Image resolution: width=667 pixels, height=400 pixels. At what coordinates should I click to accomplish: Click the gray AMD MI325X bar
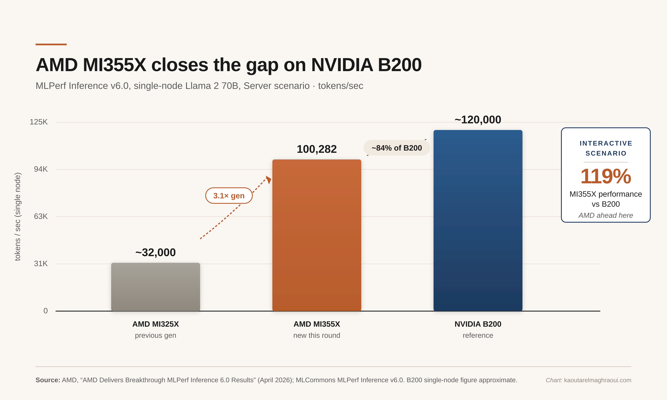(156, 287)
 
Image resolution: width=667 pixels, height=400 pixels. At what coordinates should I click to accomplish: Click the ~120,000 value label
(478, 120)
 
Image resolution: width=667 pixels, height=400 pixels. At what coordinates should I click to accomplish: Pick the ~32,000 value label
(156, 253)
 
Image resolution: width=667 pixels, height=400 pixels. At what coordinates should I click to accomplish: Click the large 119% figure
(605, 176)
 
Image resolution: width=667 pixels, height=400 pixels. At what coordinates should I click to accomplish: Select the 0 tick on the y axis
(46, 311)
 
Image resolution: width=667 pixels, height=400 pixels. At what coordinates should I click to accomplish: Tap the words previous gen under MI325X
(156, 335)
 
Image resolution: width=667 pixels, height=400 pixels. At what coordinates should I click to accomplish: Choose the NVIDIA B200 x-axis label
(478, 324)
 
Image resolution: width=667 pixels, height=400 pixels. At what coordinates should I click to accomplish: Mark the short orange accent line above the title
(51, 44)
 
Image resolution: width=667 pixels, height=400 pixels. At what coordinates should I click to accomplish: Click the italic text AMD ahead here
(605, 215)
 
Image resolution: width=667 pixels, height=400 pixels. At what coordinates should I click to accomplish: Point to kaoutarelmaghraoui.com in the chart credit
(598, 380)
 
